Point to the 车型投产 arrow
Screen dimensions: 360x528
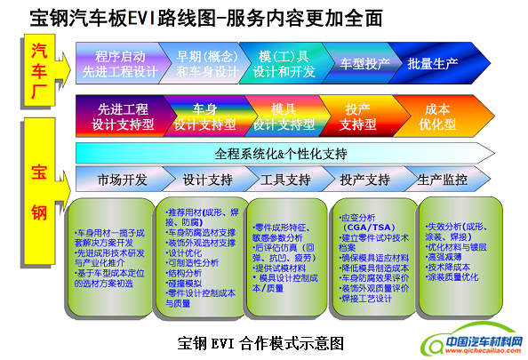365,64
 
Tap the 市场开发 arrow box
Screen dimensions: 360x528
122,179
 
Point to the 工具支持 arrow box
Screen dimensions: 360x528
284,179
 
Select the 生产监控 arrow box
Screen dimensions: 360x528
442,179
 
